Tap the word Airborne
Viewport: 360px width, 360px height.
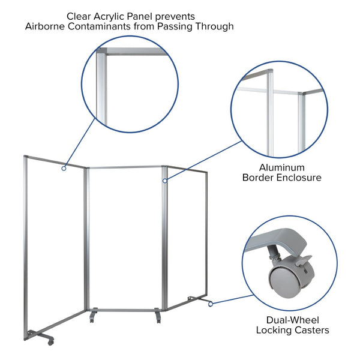click(x=49, y=26)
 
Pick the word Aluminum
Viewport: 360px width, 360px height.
click(x=281, y=167)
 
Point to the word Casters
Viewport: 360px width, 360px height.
click(x=311, y=330)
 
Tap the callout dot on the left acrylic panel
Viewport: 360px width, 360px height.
click(x=64, y=169)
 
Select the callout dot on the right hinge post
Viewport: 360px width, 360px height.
click(x=164, y=179)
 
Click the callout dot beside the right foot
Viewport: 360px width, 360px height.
click(x=211, y=304)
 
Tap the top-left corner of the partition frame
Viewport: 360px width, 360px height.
click(x=26, y=157)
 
